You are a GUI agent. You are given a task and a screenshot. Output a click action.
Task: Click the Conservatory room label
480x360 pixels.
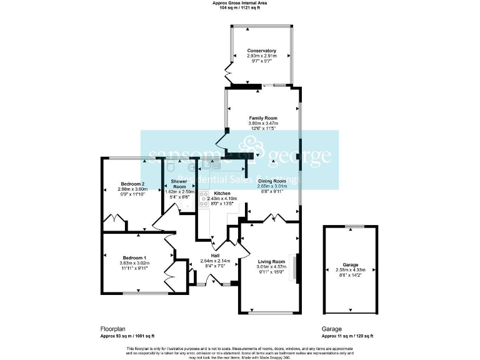[261, 51]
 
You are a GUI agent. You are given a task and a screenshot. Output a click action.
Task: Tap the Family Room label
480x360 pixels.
[263, 118]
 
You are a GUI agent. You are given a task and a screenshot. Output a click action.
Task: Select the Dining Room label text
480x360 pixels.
[272, 181]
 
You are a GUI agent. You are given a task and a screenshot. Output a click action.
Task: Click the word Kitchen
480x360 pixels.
[222, 193]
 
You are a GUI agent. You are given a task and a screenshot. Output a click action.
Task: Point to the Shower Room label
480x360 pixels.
[179, 184]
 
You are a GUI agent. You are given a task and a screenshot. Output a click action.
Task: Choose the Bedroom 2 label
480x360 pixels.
[132, 184]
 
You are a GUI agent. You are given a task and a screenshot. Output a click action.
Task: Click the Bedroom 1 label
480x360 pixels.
[134, 258]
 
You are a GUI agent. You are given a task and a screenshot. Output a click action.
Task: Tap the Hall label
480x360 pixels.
[215, 256]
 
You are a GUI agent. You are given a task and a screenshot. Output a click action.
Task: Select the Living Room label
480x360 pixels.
[271, 261]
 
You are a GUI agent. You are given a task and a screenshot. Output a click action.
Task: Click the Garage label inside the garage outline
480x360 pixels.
[350, 264]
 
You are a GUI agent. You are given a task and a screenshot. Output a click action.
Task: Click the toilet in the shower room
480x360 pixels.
[172, 167]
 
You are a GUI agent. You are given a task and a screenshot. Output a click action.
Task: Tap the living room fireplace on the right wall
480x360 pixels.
[296, 269]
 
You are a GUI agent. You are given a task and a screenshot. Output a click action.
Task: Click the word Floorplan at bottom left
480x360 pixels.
[114, 329]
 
